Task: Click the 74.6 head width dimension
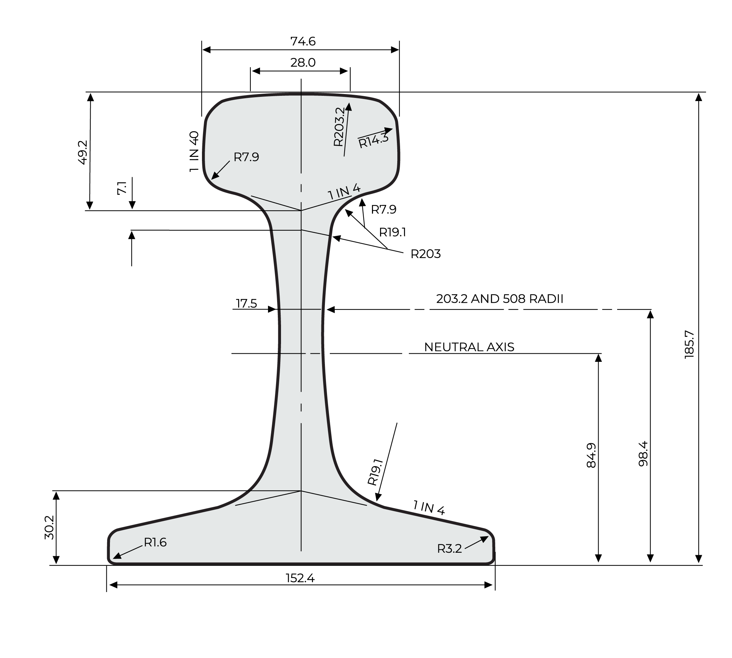pyautogui.click(x=303, y=41)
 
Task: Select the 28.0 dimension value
pyautogui.click(x=303, y=62)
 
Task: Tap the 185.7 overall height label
pyautogui.click(x=689, y=344)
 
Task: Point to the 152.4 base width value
pyautogui.click(x=300, y=578)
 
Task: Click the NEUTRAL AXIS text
pyautogui.click(x=469, y=347)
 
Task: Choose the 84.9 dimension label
pyautogui.click(x=590, y=455)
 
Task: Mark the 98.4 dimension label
pyautogui.click(x=643, y=453)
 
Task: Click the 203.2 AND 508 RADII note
pyautogui.click(x=499, y=299)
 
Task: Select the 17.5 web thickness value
pyautogui.click(x=247, y=303)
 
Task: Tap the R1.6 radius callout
pyautogui.click(x=155, y=542)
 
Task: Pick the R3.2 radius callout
pyautogui.click(x=449, y=549)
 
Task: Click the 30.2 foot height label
pyautogui.click(x=49, y=527)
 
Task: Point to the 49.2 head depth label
pyautogui.click(x=83, y=153)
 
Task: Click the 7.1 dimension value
pyautogui.click(x=122, y=188)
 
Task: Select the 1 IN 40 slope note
pyautogui.click(x=194, y=151)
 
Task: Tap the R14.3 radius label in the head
pyautogui.click(x=373, y=140)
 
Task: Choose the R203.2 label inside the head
pyautogui.click(x=339, y=127)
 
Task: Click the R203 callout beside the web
pyautogui.click(x=425, y=254)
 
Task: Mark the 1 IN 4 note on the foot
pyautogui.click(x=429, y=507)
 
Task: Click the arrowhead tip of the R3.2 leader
pyautogui.click(x=488, y=536)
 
